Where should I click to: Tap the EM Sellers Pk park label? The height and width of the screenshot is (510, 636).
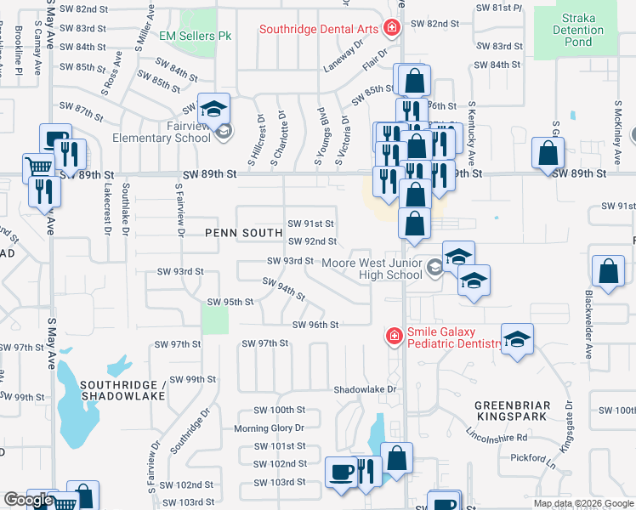(x=196, y=37)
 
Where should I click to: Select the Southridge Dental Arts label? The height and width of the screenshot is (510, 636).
(x=319, y=29)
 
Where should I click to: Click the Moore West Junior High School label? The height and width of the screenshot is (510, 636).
(x=372, y=269)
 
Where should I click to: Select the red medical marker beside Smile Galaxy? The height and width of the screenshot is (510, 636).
(x=394, y=337)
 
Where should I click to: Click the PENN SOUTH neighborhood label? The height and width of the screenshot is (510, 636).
(x=243, y=232)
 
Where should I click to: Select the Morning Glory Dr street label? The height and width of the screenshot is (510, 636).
(x=269, y=428)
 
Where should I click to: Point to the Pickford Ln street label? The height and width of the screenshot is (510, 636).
(x=534, y=458)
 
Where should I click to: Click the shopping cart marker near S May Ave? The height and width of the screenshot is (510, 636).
(x=38, y=166)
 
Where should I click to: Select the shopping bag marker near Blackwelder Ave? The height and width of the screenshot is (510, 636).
(x=609, y=271)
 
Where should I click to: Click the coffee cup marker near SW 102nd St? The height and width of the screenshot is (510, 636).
(x=341, y=470)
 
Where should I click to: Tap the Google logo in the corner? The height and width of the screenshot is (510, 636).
(x=27, y=500)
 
